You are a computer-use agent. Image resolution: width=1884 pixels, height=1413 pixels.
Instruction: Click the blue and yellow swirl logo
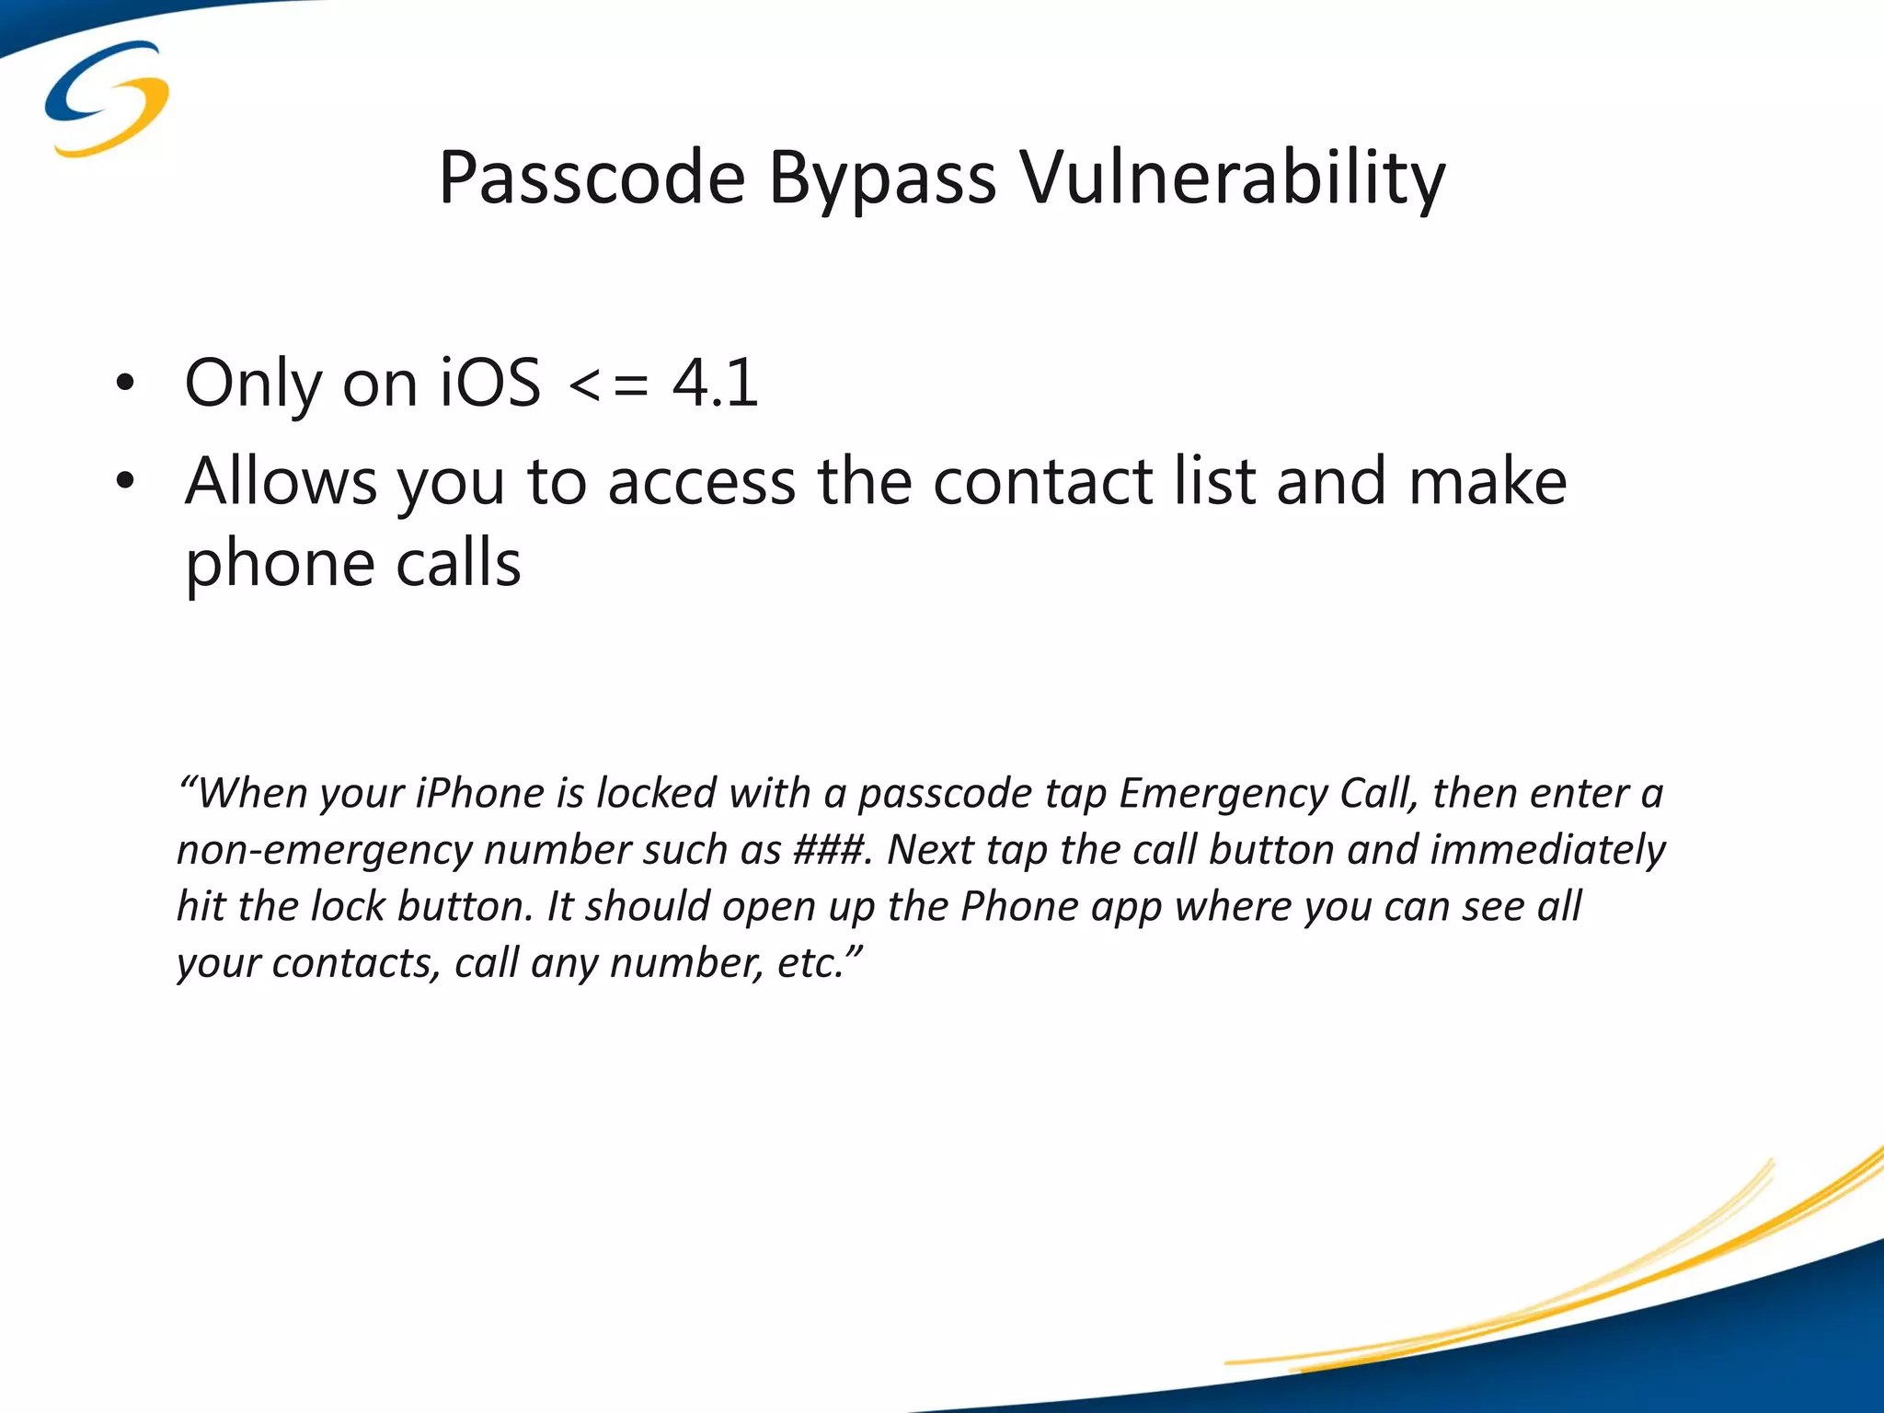click(107, 98)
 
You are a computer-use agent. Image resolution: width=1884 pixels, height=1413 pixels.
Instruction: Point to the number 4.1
click(715, 383)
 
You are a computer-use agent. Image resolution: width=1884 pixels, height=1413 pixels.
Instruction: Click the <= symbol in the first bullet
click(608, 385)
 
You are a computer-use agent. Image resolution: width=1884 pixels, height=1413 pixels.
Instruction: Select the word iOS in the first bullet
click(490, 383)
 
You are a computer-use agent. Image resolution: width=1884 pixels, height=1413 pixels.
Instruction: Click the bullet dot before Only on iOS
click(125, 385)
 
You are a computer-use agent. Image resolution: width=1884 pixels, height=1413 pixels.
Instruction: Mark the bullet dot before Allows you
click(125, 482)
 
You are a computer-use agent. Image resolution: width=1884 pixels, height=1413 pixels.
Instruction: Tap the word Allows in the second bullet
click(281, 482)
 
